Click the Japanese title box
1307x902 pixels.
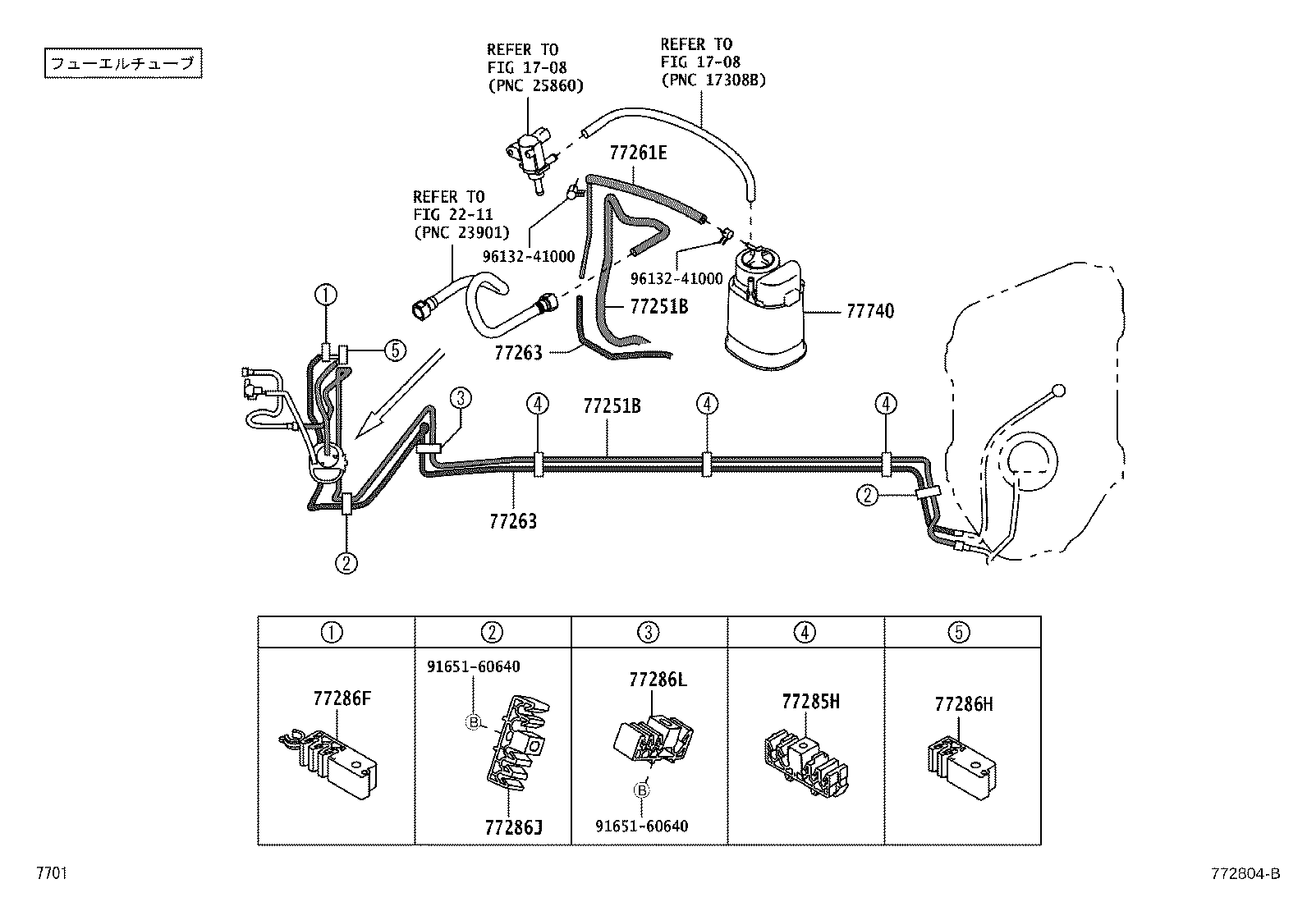(x=122, y=64)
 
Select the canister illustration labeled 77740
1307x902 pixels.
(x=764, y=308)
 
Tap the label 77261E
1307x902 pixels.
(x=638, y=153)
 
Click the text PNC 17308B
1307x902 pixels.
(x=713, y=80)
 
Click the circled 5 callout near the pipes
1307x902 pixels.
(x=394, y=350)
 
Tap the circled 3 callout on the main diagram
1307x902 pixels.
(x=460, y=399)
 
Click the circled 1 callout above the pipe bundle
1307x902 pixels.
(x=326, y=295)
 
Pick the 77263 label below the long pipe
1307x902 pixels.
(x=513, y=520)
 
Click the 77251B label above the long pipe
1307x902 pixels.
(x=612, y=406)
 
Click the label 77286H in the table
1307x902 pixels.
(x=963, y=703)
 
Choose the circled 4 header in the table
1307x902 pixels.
(x=805, y=632)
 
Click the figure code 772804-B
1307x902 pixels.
(x=1243, y=875)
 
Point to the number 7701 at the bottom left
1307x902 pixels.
(x=51, y=874)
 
